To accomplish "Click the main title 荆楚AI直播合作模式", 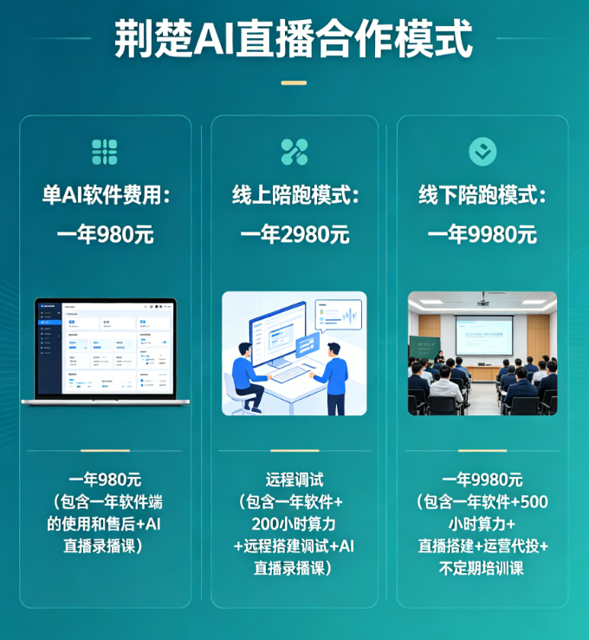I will [x=294, y=40].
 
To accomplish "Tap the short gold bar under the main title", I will [x=294, y=83].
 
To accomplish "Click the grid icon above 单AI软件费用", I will [x=105, y=152].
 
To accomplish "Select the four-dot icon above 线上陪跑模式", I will [x=294, y=152].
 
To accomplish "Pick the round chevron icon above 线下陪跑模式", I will [x=482, y=152].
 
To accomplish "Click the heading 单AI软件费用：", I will [x=105, y=195].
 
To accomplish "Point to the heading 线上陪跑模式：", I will [x=294, y=195].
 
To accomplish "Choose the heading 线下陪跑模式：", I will [x=482, y=195].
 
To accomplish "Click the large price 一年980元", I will [x=105, y=234].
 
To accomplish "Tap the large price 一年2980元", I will [x=294, y=234].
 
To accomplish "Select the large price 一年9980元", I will [x=482, y=234].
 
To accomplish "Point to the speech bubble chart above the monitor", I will [x=339, y=314].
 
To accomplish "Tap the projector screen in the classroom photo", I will [x=483, y=334].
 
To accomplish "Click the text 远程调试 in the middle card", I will [x=294, y=480].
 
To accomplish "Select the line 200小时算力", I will [x=294, y=524].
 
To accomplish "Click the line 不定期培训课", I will [x=482, y=569].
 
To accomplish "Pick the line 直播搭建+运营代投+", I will [x=482, y=546].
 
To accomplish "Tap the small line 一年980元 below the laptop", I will [x=105, y=480].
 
